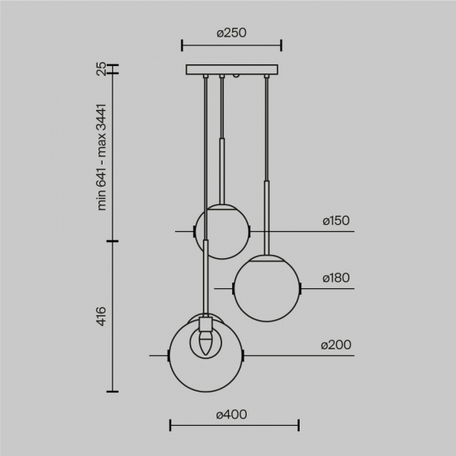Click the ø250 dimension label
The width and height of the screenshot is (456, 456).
[x=231, y=33]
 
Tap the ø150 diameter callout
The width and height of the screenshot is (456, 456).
[x=335, y=221]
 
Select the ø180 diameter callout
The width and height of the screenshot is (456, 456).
[x=335, y=278]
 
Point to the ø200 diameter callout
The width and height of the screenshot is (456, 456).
[x=335, y=345]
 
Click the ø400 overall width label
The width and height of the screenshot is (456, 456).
[x=232, y=414]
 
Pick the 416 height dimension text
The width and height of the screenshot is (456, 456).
[x=102, y=317]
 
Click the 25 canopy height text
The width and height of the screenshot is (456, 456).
[x=102, y=69]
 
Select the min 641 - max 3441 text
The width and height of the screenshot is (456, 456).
[x=102, y=157]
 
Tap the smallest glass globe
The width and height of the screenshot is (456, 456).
[x=221, y=231]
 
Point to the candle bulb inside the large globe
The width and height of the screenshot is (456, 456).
[x=205, y=340]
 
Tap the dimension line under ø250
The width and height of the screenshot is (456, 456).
[x=231, y=46]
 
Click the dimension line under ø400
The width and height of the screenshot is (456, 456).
[x=234, y=424]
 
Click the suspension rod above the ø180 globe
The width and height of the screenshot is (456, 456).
[x=266, y=163]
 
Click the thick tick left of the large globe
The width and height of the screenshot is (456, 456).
[x=169, y=356]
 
